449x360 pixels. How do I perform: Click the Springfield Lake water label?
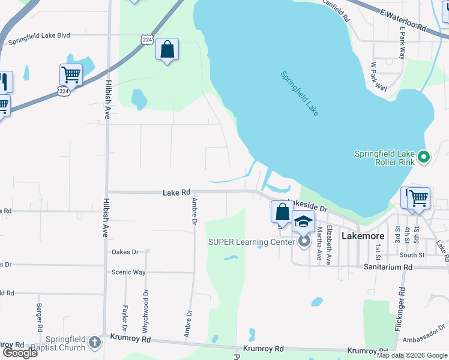coord(300,94)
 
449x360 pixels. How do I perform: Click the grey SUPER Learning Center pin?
coord(304,242)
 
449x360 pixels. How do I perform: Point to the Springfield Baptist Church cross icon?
coord(94,342)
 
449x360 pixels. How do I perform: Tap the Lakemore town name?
coord(363,236)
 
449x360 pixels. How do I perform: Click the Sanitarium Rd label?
coord(388,267)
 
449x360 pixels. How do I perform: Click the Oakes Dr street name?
coord(125,252)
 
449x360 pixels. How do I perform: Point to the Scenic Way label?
coord(128,272)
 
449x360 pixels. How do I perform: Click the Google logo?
coord(20,352)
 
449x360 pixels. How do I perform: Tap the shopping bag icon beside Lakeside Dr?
coord(281,211)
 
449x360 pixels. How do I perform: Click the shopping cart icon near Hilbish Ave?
coord(70,75)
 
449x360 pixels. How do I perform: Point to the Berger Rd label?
coord(40,318)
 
